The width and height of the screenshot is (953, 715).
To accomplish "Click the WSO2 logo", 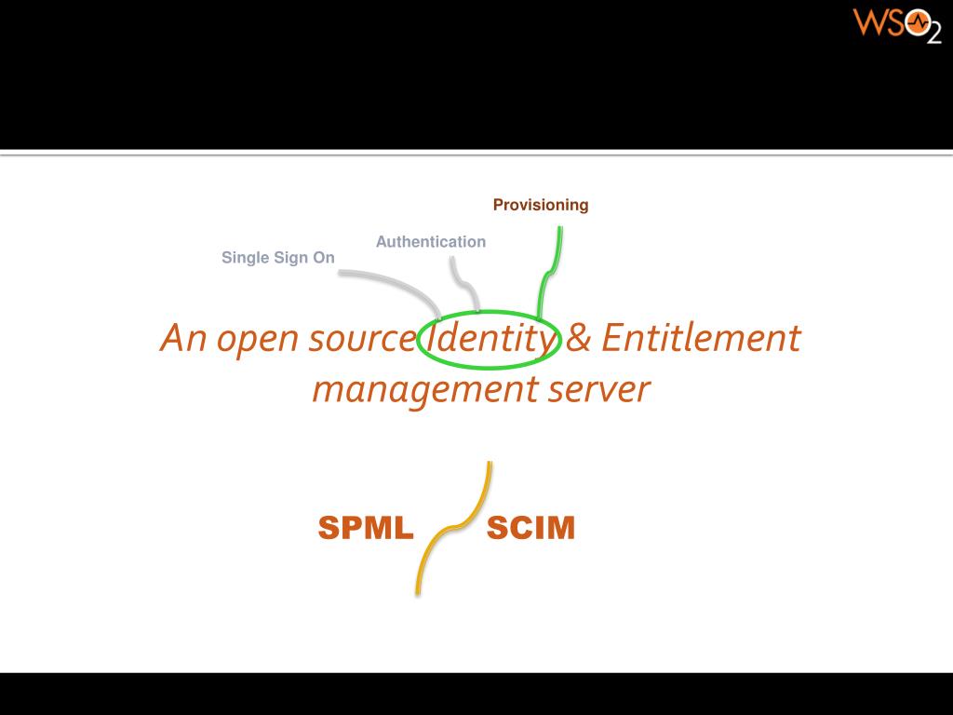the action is pyautogui.click(x=896, y=24).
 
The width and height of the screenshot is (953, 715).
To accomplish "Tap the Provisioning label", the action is pyautogui.click(x=541, y=205).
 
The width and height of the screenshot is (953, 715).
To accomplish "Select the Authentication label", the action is pyautogui.click(x=431, y=242).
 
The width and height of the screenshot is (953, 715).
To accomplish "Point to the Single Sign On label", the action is pyautogui.click(x=278, y=258).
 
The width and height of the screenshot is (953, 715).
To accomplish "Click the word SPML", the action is pyautogui.click(x=366, y=529).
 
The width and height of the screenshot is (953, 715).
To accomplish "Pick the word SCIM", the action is pyautogui.click(x=530, y=529).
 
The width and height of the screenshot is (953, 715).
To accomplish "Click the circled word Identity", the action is pyautogui.click(x=490, y=339).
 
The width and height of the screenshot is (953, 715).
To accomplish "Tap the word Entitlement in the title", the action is pyautogui.click(x=700, y=337).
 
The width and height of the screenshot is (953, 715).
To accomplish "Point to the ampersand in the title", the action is pyautogui.click(x=578, y=337).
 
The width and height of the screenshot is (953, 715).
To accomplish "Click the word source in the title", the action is pyautogui.click(x=361, y=339).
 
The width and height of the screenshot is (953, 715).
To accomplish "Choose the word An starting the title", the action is pyautogui.click(x=182, y=337).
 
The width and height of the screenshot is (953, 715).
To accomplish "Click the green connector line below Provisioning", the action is pyautogui.click(x=550, y=270).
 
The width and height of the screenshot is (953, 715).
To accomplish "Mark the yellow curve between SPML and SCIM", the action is pyautogui.click(x=453, y=529).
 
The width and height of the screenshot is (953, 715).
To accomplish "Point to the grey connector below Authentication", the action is pyautogui.click(x=462, y=279).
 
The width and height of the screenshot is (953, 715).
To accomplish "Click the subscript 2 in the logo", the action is pyautogui.click(x=933, y=34).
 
